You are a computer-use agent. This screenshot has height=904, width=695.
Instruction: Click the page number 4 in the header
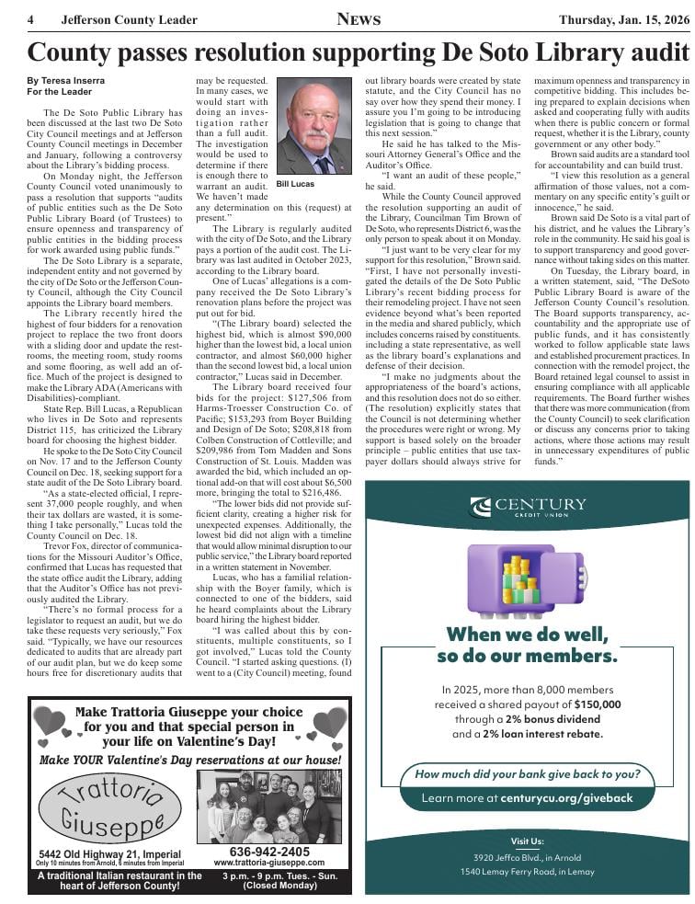31,20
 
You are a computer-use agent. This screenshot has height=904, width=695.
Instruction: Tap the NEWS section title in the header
357,19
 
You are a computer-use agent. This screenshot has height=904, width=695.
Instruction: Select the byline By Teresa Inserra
66,81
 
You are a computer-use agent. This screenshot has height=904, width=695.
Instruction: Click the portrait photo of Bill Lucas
313,126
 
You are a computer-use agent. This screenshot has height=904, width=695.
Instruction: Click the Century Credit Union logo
528,507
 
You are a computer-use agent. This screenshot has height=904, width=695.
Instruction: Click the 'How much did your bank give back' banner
527,773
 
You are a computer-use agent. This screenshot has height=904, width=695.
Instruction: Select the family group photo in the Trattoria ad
268,807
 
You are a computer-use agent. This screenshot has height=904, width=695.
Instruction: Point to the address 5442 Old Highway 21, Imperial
109,853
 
